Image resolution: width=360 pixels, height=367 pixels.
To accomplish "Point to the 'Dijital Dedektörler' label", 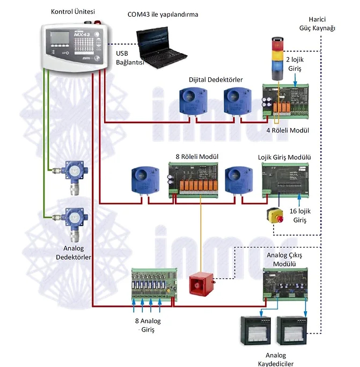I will click(x=216, y=79).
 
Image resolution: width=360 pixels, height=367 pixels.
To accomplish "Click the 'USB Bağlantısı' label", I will click(x=129, y=58).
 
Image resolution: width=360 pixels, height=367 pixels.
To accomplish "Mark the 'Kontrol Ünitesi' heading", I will click(x=72, y=12).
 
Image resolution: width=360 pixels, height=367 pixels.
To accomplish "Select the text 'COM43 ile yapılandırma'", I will click(x=163, y=14).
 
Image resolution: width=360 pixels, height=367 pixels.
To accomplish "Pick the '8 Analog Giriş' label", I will click(x=148, y=325).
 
